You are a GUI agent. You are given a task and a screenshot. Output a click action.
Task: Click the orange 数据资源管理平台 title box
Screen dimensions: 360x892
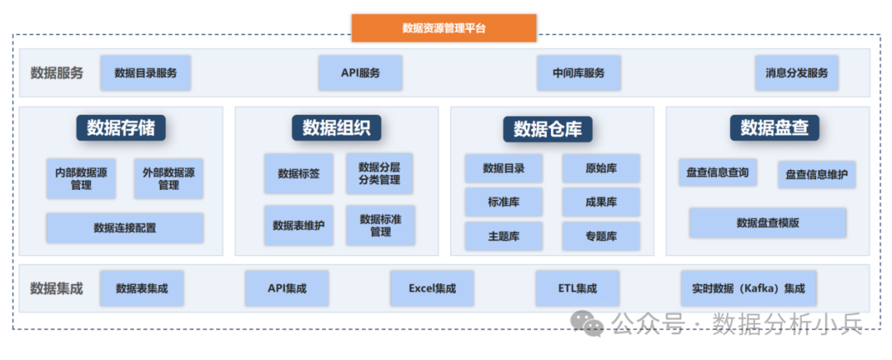(444, 27)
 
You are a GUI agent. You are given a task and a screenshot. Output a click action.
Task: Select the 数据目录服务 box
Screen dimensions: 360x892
(145, 73)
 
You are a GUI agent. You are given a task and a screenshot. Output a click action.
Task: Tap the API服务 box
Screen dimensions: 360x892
(360, 73)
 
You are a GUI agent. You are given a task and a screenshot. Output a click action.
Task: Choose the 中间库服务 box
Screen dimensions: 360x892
(578, 73)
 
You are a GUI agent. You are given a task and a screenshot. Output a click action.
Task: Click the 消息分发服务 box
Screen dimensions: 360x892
(796, 73)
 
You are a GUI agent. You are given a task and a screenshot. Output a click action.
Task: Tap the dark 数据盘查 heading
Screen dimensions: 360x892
(768, 127)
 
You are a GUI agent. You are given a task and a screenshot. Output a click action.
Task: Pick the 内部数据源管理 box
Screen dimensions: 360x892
(81, 179)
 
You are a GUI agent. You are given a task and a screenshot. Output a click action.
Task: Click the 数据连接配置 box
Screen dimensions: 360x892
(125, 228)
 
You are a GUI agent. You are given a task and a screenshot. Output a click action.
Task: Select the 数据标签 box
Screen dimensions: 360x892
(299, 173)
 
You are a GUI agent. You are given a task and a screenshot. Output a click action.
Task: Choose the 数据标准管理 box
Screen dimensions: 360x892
(380, 225)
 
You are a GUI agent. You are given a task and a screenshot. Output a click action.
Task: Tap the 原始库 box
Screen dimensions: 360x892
(600, 168)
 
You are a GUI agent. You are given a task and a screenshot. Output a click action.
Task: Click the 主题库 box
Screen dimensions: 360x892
(503, 236)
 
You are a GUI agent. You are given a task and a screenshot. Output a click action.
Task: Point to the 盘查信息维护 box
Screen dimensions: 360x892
(816, 174)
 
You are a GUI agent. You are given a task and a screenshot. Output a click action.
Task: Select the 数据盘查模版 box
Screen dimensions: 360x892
(767, 223)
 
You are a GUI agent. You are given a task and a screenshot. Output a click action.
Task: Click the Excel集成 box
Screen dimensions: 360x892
(431, 289)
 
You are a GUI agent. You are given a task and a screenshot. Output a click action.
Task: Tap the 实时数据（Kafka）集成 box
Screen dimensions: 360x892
(748, 289)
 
